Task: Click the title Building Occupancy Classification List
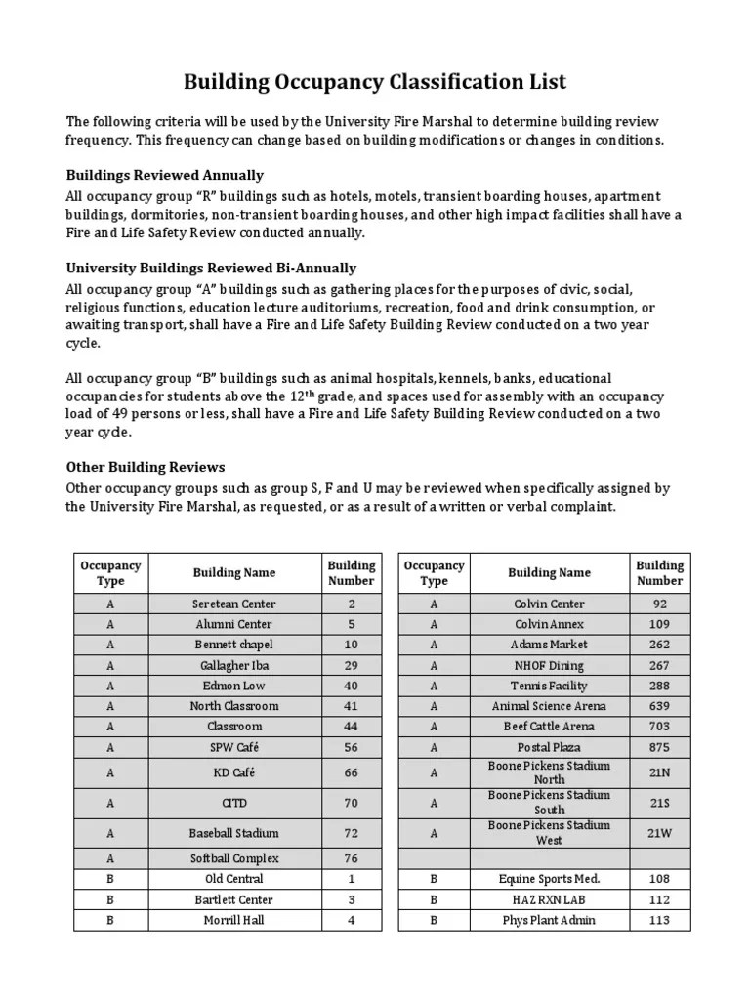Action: (x=375, y=82)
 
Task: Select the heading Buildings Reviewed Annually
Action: (x=164, y=175)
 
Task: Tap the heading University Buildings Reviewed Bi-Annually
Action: (x=211, y=268)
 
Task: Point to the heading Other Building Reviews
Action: (x=146, y=467)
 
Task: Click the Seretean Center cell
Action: (x=234, y=604)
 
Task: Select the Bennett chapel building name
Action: (x=234, y=645)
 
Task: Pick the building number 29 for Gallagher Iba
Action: (x=352, y=665)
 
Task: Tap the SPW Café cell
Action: (x=234, y=747)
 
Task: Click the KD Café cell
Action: (x=234, y=772)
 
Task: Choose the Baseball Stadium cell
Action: (x=234, y=833)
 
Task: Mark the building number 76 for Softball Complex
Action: (x=352, y=858)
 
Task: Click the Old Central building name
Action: (x=234, y=879)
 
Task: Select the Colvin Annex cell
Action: (x=549, y=624)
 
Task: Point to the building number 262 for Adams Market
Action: (x=660, y=645)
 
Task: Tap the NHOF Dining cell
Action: (x=549, y=665)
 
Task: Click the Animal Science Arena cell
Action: (x=549, y=706)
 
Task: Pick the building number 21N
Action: (x=660, y=772)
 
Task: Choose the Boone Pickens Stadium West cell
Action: (x=549, y=833)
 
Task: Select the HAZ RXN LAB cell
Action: (x=549, y=899)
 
